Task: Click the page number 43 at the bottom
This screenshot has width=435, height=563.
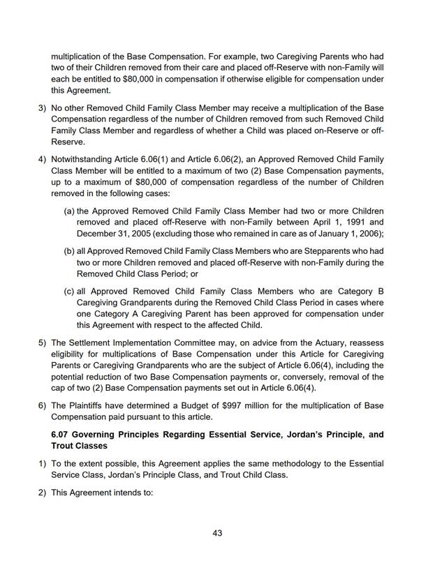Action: [x=217, y=534]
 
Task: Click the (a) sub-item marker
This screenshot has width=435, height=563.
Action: [x=69, y=211]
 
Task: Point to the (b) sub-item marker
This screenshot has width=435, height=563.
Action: [x=69, y=251]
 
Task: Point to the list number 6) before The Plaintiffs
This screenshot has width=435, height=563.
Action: [x=41, y=405]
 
